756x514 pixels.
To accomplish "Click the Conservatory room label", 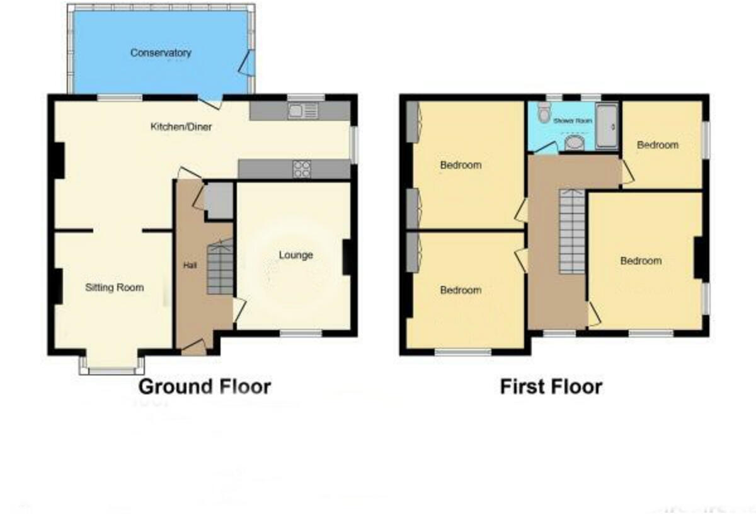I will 160,53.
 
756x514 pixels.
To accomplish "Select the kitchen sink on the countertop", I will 297,111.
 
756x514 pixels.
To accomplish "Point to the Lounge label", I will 295,255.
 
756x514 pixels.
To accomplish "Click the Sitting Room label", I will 115,288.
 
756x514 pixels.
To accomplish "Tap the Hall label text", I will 190,266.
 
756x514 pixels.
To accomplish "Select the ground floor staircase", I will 220,267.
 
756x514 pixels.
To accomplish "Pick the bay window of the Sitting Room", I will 112,365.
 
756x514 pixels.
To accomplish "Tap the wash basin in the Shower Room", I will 574,144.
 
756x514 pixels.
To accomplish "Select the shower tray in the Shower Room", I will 607,126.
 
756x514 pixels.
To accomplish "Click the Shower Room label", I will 573,120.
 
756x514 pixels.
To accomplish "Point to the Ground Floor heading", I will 205,386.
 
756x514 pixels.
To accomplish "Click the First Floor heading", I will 551,386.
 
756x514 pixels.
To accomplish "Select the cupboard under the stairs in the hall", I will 219,201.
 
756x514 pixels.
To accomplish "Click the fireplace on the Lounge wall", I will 346,258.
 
